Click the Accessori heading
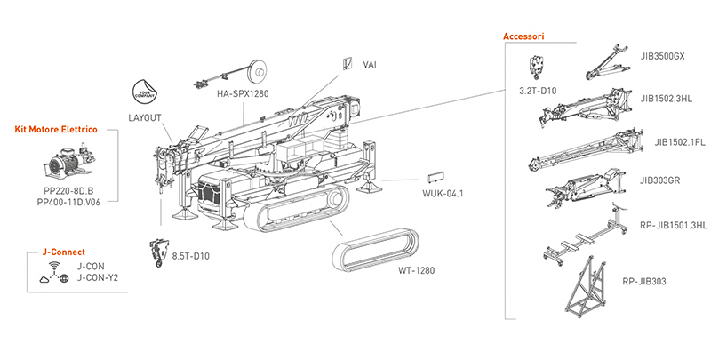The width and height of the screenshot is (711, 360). [x=523, y=36]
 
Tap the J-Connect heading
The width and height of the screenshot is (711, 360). [x=51, y=252]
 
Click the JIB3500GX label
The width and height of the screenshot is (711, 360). [x=662, y=55]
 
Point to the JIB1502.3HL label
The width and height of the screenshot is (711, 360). [x=666, y=99]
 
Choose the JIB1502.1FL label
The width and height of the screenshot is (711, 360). [x=675, y=142]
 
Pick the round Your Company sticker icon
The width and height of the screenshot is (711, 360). [x=144, y=92]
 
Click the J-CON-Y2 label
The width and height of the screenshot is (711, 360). [x=98, y=276]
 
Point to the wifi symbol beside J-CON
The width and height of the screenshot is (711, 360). [x=54, y=266]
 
